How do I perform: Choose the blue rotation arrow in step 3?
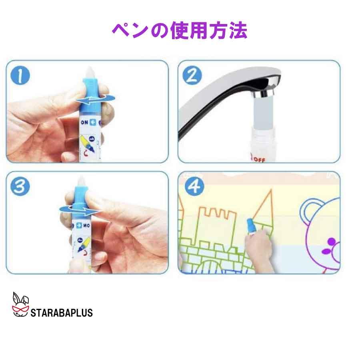(78, 208)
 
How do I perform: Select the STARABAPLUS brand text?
(62, 312)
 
